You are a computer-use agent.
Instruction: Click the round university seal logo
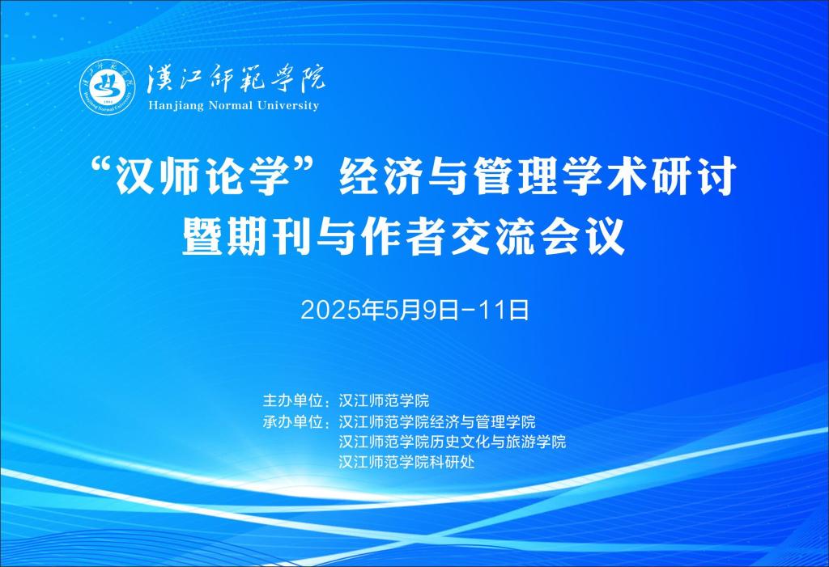point(108,86)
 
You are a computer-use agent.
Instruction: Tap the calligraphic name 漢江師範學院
point(236,79)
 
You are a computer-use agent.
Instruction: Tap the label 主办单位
point(293,400)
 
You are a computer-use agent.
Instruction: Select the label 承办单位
point(293,421)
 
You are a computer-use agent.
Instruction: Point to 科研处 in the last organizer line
point(452,463)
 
